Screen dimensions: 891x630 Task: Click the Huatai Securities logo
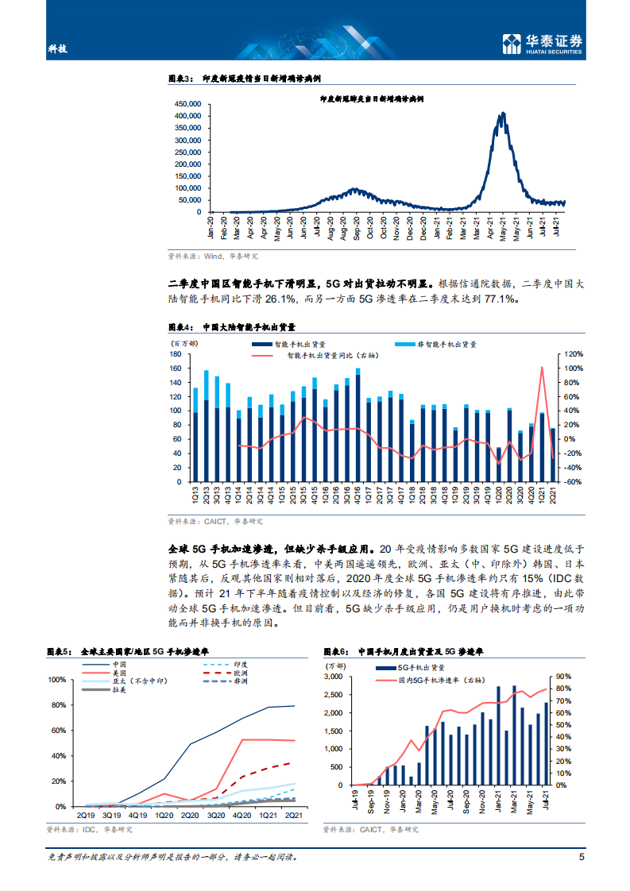(543, 44)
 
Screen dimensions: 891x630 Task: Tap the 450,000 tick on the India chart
(186, 104)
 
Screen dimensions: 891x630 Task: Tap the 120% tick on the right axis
(574, 354)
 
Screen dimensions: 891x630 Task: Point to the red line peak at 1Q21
(542, 368)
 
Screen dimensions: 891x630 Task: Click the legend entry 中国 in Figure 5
(119, 664)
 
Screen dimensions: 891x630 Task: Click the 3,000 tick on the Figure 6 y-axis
(334, 677)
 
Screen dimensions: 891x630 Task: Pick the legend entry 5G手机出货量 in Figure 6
(416, 669)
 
